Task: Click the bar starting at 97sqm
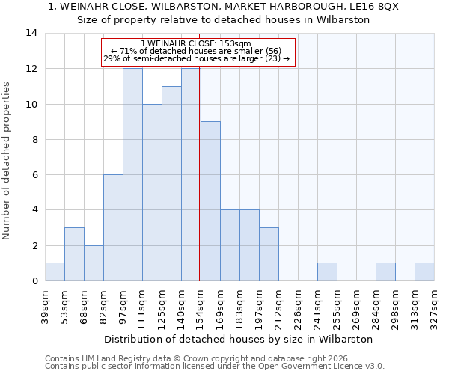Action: pos(132,174)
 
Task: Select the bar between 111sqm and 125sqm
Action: pos(152,192)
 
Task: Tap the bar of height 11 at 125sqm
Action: pos(171,183)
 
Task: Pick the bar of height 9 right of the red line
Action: pos(210,201)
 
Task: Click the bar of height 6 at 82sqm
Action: pos(113,227)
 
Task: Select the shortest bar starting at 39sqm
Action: pos(55,272)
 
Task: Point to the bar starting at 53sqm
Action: pos(74,254)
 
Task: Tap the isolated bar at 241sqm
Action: pos(327,272)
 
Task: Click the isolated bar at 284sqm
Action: pos(385,272)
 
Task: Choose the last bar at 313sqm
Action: pos(424,272)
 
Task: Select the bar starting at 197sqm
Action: pos(269,254)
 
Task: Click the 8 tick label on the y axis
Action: pos(34,139)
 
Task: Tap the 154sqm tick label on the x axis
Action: pos(201,307)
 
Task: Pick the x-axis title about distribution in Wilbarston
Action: pos(238,339)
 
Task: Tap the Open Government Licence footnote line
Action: pos(214,367)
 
